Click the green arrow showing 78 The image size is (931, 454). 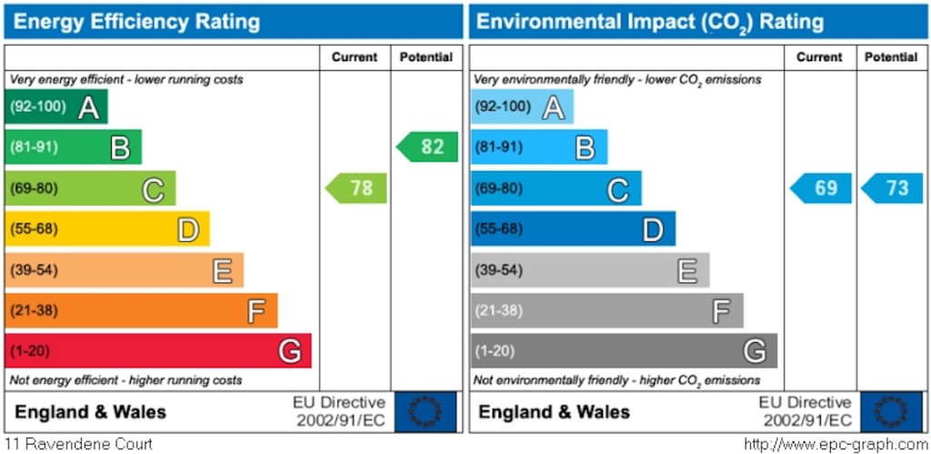pyautogui.click(x=356, y=188)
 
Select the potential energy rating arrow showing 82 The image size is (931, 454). pyautogui.click(x=427, y=146)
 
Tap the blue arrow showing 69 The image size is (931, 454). pyautogui.click(x=821, y=188)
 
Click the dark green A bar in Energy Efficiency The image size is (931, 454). pyautogui.click(x=56, y=106)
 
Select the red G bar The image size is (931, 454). pyautogui.click(x=158, y=351)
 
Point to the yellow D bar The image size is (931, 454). pyautogui.click(x=107, y=229)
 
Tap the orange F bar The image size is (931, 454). pyautogui.click(x=141, y=310)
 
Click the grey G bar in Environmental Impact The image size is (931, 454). pyautogui.click(x=624, y=351)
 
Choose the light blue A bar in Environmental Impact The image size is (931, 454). pyautogui.click(x=522, y=106)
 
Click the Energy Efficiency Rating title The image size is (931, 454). pyautogui.click(x=137, y=22)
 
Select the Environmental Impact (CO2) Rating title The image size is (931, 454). pyautogui.click(x=650, y=22)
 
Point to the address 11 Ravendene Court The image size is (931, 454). pyautogui.click(x=77, y=445)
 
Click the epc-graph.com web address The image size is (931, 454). pyautogui.click(x=836, y=445)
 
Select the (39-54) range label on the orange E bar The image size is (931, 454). pyautogui.click(x=34, y=270)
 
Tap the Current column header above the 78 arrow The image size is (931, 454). pyautogui.click(x=355, y=57)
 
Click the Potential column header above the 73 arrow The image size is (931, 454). pyautogui.click(x=891, y=57)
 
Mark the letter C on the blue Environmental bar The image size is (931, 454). pyautogui.click(x=618, y=189)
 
